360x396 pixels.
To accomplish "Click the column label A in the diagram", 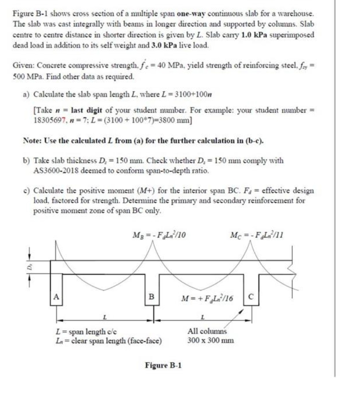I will click(57, 297).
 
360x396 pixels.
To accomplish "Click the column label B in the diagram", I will click(151, 297).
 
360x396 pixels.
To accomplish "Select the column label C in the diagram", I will click(250, 297).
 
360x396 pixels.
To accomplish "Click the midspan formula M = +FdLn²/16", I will click(208, 298).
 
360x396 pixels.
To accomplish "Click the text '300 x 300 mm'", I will click(211, 341).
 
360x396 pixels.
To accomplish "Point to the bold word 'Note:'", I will click(32, 141).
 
